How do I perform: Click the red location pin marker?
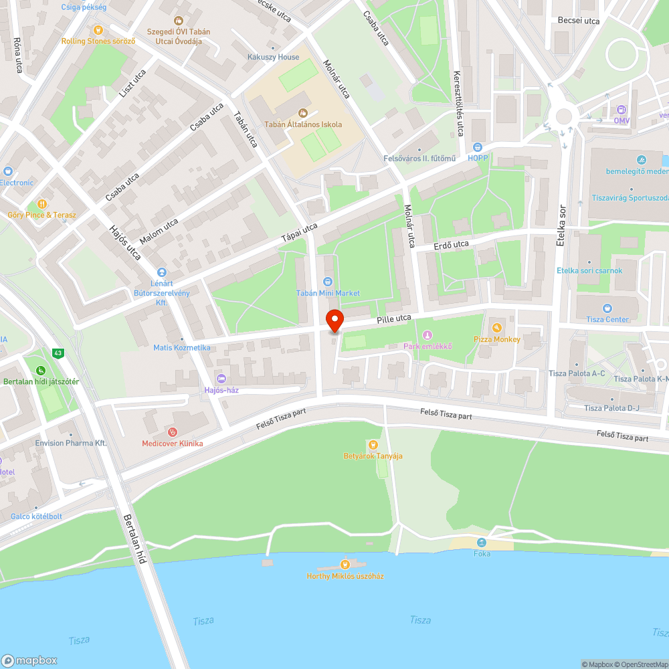click(334, 320)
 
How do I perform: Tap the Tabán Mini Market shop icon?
click(328, 282)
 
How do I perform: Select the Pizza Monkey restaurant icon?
click(496, 327)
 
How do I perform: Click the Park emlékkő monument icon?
click(427, 334)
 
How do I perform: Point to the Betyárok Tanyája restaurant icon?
click(373, 444)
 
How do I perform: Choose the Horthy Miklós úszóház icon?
click(345, 564)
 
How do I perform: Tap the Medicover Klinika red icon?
click(173, 432)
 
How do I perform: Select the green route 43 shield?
click(59, 353)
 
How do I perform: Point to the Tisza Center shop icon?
click(607, 308)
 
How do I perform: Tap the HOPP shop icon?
click(478, 147)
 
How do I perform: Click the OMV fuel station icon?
click(622, 110)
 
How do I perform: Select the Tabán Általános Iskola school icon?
click(302, 113)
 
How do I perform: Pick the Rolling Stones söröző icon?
click(98, 29)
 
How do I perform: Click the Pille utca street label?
click(393, 320)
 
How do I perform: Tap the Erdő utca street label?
click(451, 245)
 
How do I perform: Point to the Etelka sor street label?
click(561, 225)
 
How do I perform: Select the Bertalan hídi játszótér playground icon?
click(41, 370)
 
